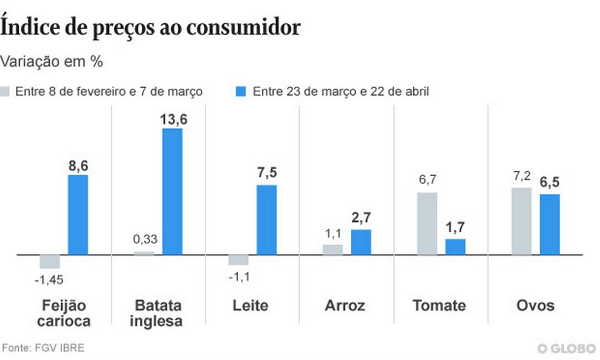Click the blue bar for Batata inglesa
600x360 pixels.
pos(172,192)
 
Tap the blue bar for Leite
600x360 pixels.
pos(266,220)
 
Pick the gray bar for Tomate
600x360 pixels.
pos(427,224)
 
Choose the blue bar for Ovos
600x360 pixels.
pos(550,224)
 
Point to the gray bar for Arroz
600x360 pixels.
pos(333,250)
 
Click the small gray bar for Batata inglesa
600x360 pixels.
pos(144,253)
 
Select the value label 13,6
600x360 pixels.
pos(172,119)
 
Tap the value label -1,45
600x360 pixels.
pos(49,280)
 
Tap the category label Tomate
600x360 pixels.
pos(439,305)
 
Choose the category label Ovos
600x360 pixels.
pos(535,305)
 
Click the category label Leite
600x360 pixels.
pos(250,305)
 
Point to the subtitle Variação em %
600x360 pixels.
pos(52,61)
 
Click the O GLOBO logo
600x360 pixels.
pos(566,348)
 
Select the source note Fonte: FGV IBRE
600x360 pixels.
pos(44,348)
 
